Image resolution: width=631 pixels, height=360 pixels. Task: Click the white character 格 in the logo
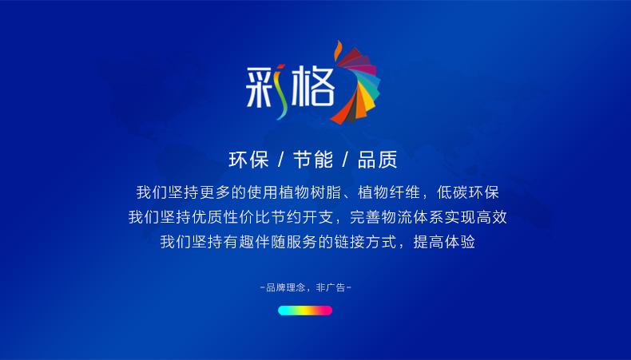point(313,86)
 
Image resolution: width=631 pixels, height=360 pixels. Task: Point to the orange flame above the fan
point(338,50)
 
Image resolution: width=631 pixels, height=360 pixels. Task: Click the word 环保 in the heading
point(248,160)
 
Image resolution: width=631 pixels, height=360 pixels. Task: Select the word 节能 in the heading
point(313,160)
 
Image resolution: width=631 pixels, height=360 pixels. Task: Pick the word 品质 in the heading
point(378,160)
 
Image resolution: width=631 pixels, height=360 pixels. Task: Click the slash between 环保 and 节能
point(281,160)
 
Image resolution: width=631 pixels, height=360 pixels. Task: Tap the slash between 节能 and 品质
point(345,160)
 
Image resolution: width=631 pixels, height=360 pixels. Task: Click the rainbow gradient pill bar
point(305,311)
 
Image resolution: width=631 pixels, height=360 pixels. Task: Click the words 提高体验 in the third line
point(444,242)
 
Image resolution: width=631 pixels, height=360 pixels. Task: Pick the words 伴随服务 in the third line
point(286,242)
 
